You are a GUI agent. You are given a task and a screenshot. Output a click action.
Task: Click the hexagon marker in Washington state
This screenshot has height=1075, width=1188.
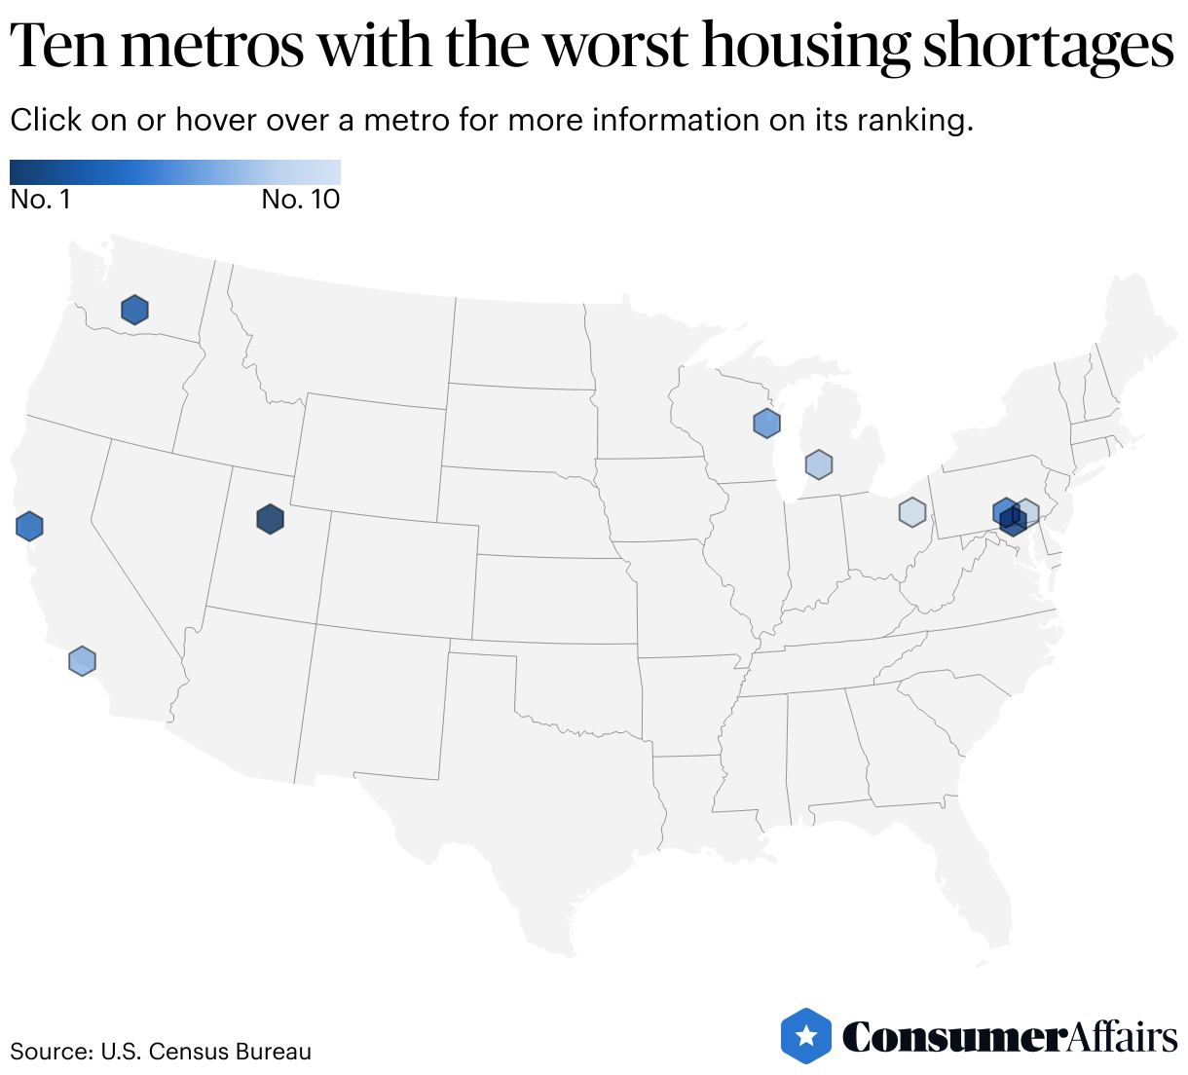pyautogui.click(x=134, y=310)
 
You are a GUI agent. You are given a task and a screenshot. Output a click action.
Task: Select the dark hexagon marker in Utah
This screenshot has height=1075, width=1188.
pyautogui.click(x=270, y=519)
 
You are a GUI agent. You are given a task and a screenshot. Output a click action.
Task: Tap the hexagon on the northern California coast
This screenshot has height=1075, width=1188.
pyautogui.click(x=30, y=526)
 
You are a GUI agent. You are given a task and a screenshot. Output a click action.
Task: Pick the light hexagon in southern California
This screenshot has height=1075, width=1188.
pyautogui.click(x=83, y=661)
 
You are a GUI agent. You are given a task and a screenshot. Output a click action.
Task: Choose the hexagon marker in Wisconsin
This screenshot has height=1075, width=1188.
pyautogui.click(x=767, y=423)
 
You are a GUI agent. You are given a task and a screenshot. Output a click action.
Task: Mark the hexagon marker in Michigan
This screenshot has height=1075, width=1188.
pyautogui.click(x=819, y=465)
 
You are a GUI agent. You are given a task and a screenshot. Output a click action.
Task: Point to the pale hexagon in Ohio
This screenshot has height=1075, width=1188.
pyautogui.click(x=911, y=511)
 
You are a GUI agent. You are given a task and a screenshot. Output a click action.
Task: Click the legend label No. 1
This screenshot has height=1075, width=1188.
pyautogui.click(x=40, y=200)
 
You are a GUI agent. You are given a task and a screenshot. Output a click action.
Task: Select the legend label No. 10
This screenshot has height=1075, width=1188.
pyautogui.click(x=301, y=200)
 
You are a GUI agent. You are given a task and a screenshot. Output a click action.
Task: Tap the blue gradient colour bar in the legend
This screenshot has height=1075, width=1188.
pyautogui.click(x=175, y=172)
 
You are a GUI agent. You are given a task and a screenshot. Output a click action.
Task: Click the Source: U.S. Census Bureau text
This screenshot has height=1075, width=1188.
pyautogui.click(x=161, y=1052)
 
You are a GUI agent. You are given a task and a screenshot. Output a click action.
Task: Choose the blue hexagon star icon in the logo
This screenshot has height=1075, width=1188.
pyautogui.click(x=806, y=1036)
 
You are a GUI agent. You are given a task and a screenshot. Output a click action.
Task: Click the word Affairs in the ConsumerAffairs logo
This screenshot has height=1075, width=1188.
pyautogui.click(x=1123, y=1037)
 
